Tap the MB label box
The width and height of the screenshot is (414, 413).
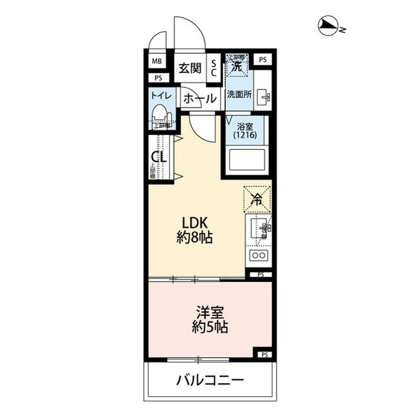(x=157, y=62)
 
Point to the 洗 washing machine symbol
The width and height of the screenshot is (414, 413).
(x=237, y=65)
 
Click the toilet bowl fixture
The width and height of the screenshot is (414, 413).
(x=160, y=118)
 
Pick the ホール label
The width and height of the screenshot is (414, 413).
(x=199, y=99)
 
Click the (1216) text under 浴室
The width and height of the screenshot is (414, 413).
(x=246, y=135)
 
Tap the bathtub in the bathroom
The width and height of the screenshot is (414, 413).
(x=246, y=160)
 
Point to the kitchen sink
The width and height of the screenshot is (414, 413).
(x=260, y=229)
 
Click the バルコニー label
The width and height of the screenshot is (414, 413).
(x=210, y=379)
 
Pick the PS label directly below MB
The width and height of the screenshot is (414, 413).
(x=157, y=78)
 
